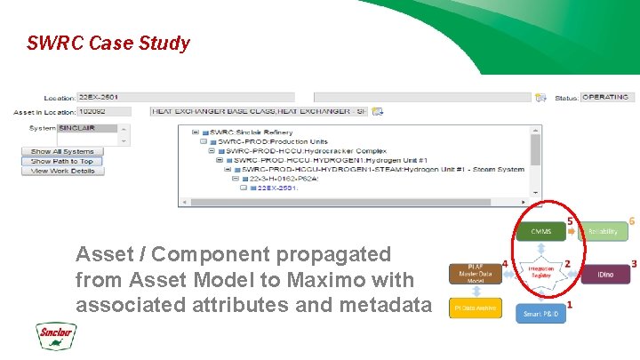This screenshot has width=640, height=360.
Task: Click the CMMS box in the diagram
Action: tap(540, 232)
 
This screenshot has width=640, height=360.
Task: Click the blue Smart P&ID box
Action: tap(540, 313)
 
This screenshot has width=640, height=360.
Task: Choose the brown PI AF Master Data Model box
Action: tap(475, 275)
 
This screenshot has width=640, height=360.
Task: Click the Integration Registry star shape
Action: tap(540, 272)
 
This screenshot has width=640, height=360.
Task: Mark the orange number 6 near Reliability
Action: tap(632, 220)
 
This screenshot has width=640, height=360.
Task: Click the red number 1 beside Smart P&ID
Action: tap(569, 305)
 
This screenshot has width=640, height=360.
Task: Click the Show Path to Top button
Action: tap(62, 162)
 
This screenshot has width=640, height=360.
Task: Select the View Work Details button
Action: tap(62, 171)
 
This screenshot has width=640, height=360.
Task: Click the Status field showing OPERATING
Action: tap(606, 97)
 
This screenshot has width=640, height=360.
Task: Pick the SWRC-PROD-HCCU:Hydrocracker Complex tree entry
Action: tap(298, 150)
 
